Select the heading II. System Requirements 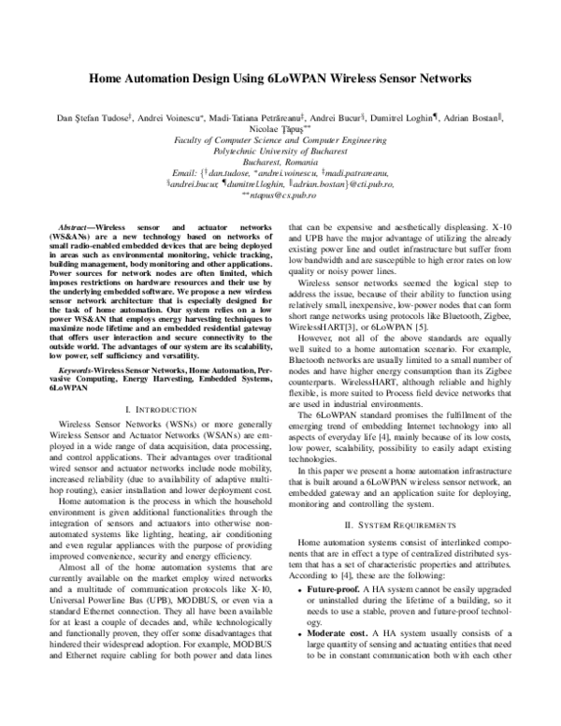pyautogui.click(x=411, y=526)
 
